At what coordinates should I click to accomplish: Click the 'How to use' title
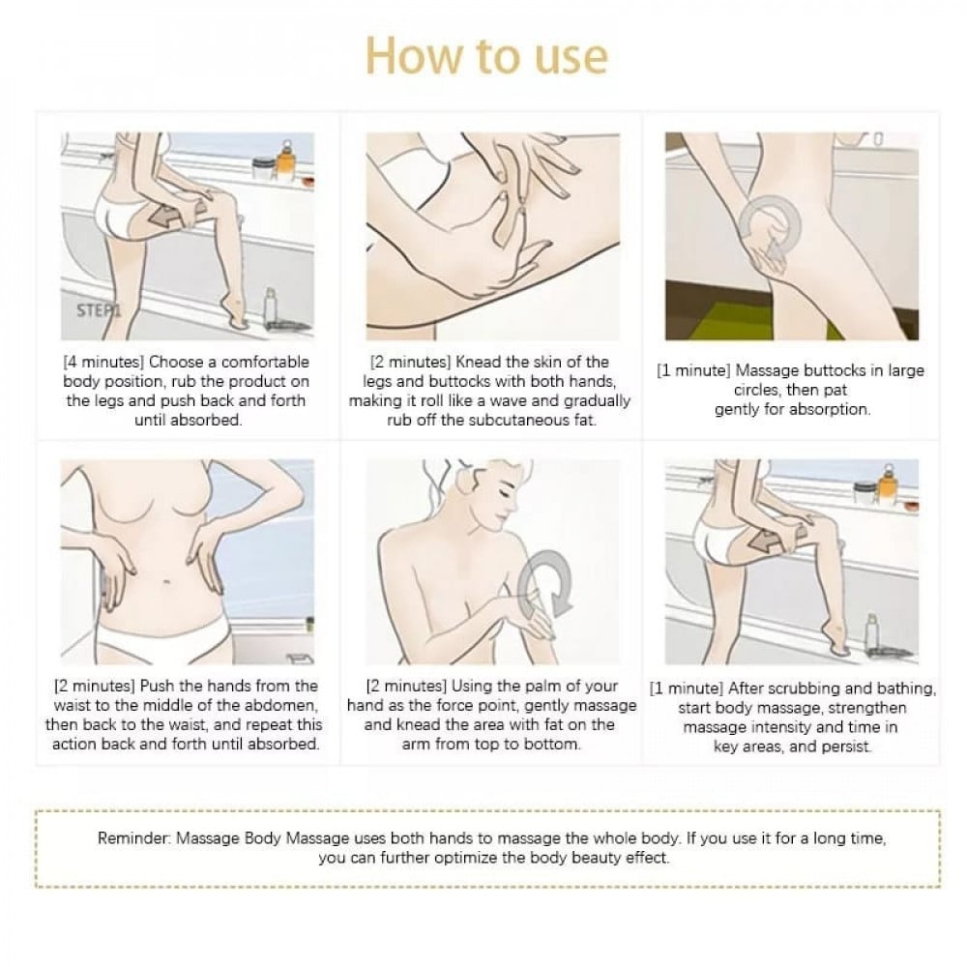coord(486,56)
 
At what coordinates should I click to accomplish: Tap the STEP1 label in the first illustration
coord(99,310)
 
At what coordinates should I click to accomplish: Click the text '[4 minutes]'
coord(103,362)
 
